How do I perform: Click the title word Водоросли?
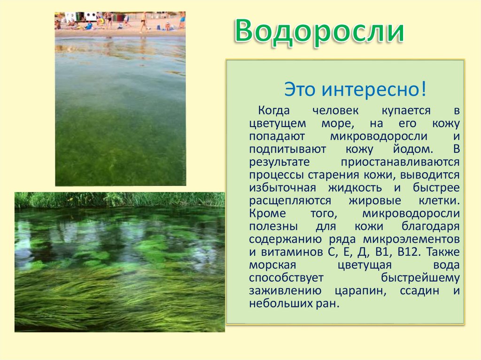(319, 31)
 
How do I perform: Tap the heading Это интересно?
(355, 89)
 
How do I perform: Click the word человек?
(335, 111)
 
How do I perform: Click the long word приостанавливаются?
(400, 162)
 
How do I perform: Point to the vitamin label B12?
(411, 252)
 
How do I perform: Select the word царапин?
(361, 290)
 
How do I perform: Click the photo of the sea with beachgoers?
(120, 99)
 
